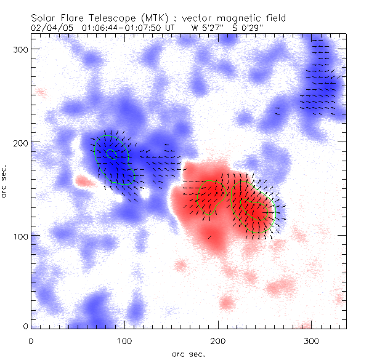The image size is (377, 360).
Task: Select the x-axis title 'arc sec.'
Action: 188,354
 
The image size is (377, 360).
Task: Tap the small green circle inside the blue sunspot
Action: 110,153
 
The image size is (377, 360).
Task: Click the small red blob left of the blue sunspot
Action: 81,182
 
